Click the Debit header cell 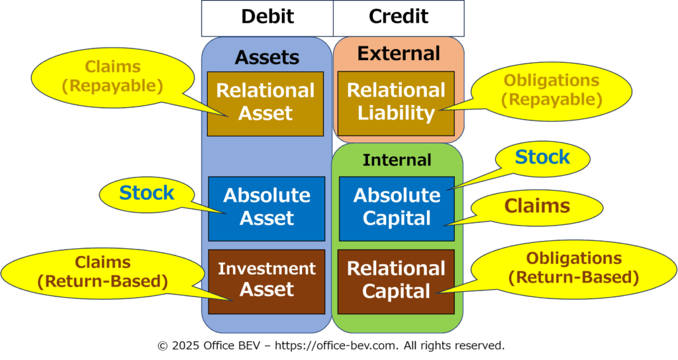pos(267,18)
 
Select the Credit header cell pos(399,18)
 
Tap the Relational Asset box pos(266,104)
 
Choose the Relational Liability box pos(396,104)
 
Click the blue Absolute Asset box pos(267,208)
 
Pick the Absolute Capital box pos(397,208)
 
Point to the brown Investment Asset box pos(267,282)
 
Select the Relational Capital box pos(396,282)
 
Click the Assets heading pos(267,57)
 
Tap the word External pos(399,54)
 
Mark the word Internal pos(397,160)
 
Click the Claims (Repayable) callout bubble pos(113,77)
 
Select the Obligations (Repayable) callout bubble pos(552,90)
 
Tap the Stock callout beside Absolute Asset pos(146,193)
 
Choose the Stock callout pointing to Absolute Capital pos(542,157)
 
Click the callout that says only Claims pos(537,206)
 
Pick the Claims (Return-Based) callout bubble pos(103,272)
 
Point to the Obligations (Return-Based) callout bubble pos(573,269)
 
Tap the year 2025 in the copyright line pos(186,345)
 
